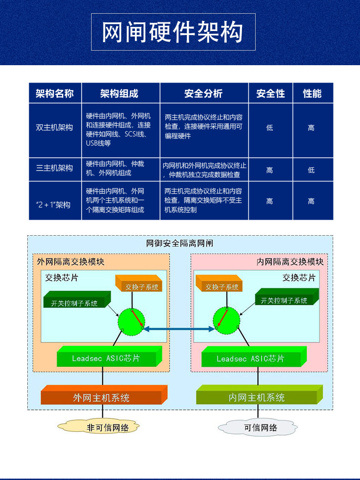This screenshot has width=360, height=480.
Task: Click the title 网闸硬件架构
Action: point(173,32)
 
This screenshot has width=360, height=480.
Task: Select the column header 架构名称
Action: point(55,93)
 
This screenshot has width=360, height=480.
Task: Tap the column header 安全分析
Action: point(203,93)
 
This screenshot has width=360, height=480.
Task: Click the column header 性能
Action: point(312,93)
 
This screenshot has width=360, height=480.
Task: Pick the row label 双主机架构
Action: point(55,128)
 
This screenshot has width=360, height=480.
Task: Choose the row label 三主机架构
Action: point(55,168)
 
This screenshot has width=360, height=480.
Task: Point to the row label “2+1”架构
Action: point(53,205)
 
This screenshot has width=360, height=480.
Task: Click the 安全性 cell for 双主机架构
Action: point(270,128)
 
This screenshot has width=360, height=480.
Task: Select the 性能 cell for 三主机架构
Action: point(311,170)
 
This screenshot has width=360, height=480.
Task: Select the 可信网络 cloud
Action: point(259,428)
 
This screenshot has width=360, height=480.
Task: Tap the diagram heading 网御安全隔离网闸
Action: point(180,243)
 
